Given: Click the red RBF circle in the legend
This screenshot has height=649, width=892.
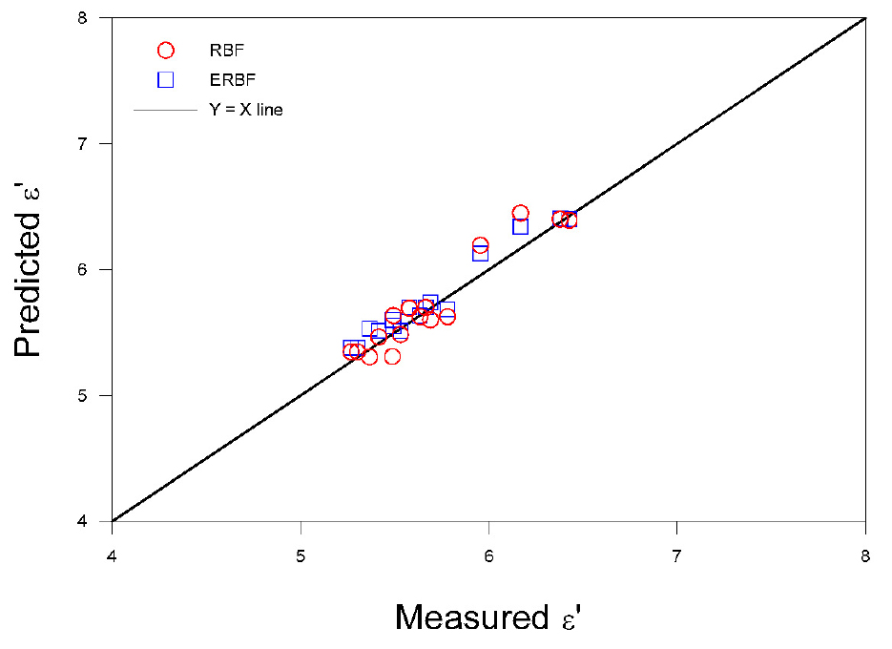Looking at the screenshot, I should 166,51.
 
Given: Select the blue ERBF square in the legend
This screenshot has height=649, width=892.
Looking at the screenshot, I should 166,79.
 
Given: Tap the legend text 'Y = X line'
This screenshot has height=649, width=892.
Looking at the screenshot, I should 246,110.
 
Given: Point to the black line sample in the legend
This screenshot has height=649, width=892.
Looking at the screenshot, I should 165,111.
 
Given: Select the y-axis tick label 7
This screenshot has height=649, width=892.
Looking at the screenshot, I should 95,144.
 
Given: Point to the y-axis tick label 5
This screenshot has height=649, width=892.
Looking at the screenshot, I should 95,396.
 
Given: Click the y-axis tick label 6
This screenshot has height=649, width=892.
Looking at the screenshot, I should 95,270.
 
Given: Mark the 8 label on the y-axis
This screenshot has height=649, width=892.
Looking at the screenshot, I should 95,18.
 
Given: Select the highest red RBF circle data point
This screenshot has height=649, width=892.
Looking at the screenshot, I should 520,213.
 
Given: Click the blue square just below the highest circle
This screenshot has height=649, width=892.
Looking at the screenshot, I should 520,227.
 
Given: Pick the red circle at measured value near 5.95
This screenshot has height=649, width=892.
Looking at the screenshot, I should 480,246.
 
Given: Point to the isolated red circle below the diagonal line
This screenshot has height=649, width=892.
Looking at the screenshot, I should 392,356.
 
